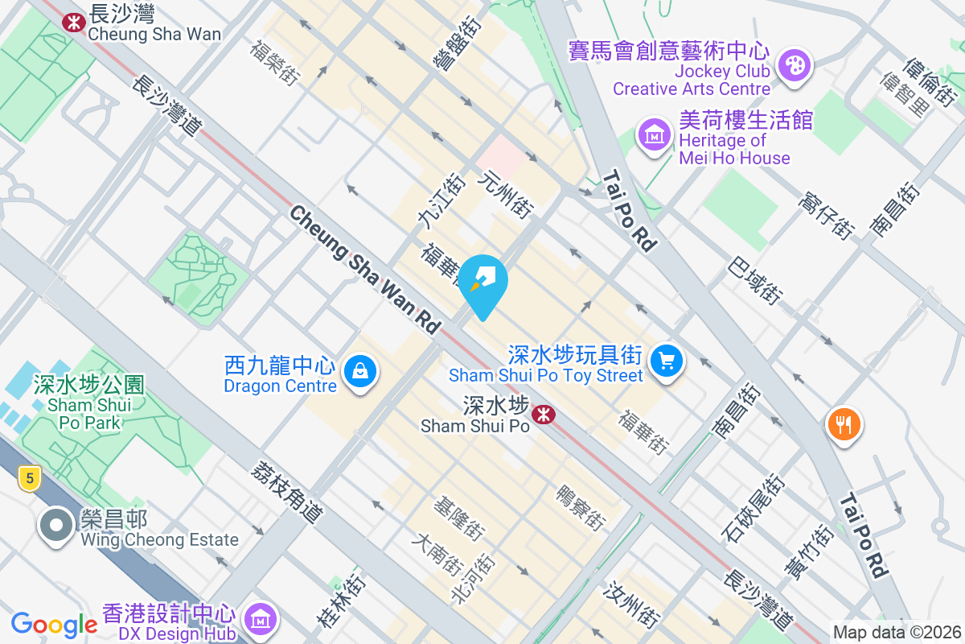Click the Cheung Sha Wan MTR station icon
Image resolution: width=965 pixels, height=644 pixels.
coord(74,22)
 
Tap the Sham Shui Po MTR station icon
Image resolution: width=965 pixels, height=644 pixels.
coord(544,414)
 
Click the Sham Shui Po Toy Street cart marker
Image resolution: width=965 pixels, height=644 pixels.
coord(666,360)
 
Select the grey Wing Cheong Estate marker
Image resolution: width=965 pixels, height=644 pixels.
coord(55,526)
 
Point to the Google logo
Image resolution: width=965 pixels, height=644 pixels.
coord(54,625)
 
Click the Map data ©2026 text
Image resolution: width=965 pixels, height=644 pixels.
coord(896,633)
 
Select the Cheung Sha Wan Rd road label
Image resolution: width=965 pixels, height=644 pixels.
coord(365,269)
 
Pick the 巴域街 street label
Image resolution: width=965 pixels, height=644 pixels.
coord(755,281)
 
